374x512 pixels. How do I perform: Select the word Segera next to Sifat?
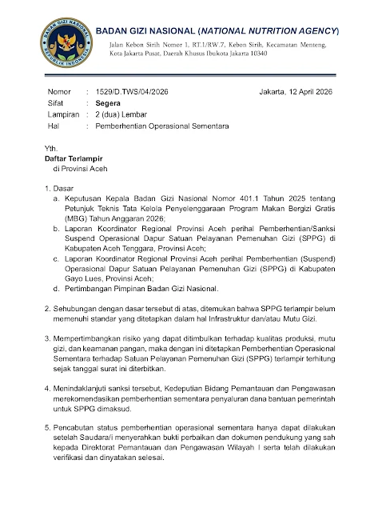(x=109, y=104)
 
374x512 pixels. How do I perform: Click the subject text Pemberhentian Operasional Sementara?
(x=161, y=126)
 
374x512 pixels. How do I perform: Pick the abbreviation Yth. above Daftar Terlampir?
(x=52, y=149)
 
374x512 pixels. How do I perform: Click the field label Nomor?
(x=59, y=93)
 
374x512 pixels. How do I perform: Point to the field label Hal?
(x=54, y=126)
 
